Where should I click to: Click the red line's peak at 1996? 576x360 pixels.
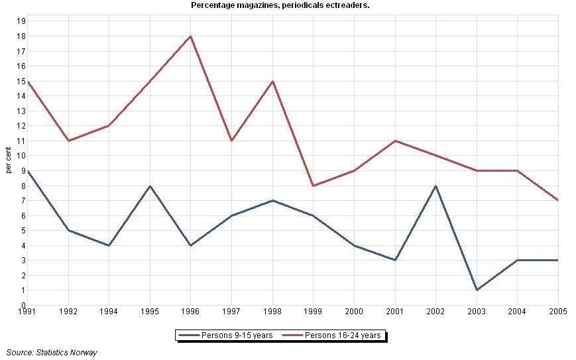point(191,36)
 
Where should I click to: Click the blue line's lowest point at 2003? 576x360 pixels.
point(477,290)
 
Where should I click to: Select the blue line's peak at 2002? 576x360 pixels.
point(436,186)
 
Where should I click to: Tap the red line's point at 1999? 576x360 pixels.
point(314,186)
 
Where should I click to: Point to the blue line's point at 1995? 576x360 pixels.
point(150,186)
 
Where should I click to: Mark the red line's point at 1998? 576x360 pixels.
point(272,81)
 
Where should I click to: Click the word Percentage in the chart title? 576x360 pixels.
point(211,5)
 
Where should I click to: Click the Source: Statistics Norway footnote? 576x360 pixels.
point(52,353)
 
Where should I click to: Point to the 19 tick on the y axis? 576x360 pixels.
point(21,21)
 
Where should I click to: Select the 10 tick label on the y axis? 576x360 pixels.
point(21,156)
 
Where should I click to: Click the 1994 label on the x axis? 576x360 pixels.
point(109,312)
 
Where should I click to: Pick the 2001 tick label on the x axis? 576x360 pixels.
point(395,312)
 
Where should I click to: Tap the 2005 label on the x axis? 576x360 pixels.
point(558,312)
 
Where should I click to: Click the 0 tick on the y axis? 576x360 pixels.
point(23,305)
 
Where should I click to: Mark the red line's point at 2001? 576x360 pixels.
point(395,141)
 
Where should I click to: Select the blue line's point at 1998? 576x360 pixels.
point(272,200)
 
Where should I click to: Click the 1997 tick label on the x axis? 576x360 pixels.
point(231,312)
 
